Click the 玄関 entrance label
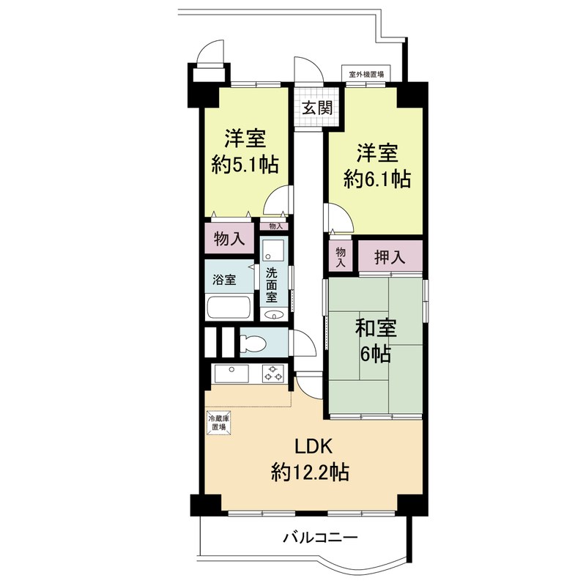point(317,108)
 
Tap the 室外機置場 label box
point(366,74)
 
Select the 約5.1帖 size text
point(245,164)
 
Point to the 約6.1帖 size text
point(377,179)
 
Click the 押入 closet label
point(390,257)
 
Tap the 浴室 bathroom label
point(224,279)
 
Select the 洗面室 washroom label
point(272,285)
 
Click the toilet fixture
point(253,343)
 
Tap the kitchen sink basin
point(231,374)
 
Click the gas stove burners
point(272,374)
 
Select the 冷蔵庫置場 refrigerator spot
point(219,423)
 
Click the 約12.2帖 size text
point(310,472)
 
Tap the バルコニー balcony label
point(320,538)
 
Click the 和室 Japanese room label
point(376,327)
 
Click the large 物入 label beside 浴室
point(229,238)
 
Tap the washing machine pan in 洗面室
point(272,250)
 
